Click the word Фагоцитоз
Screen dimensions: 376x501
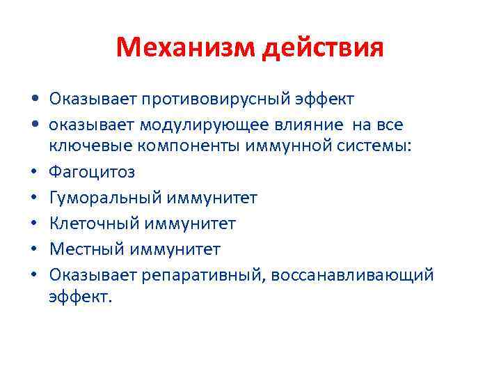(92, 173)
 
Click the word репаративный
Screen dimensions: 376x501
(203, 274)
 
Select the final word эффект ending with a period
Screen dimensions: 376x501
(79, 297)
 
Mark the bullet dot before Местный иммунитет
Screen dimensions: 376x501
(35, 249)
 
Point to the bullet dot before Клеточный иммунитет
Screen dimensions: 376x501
(35, 224)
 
